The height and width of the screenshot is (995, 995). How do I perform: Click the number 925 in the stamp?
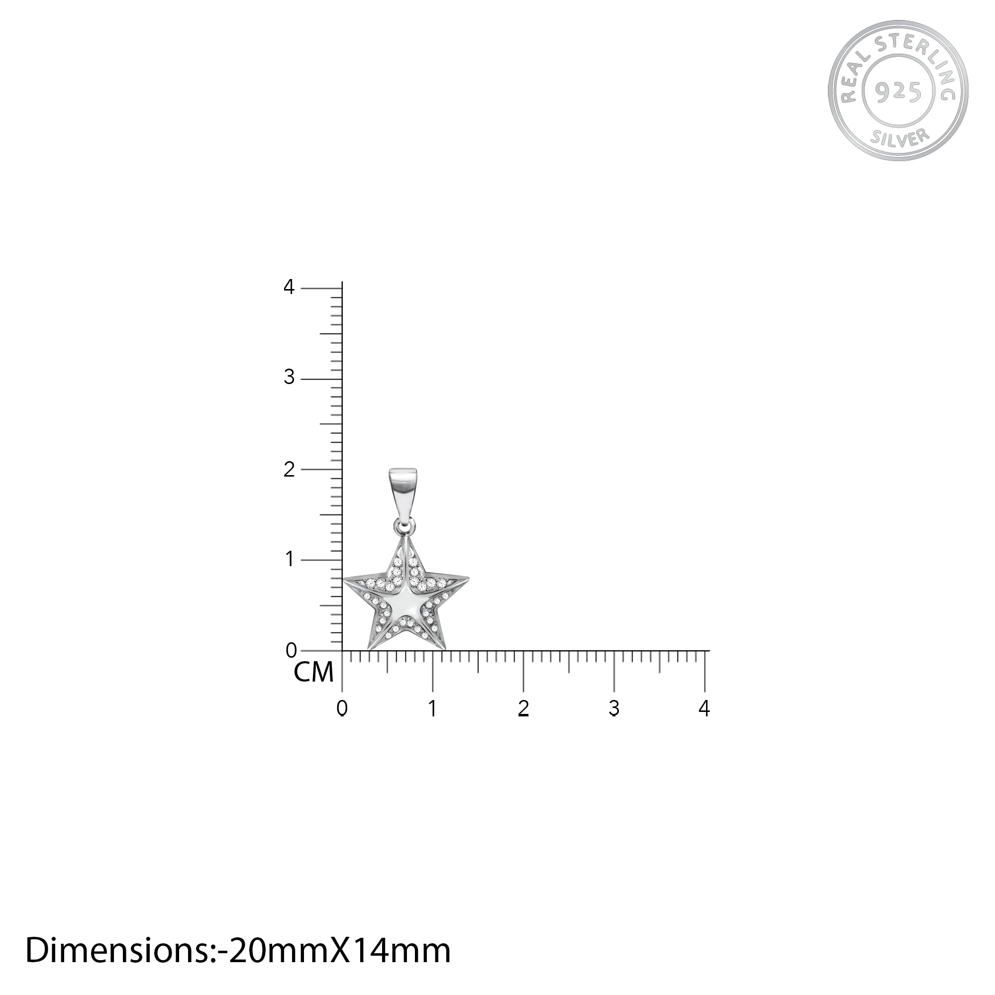pyautogui.click(x=898, y=92)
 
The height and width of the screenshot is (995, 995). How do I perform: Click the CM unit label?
pyautogui.click(x=313, y=672)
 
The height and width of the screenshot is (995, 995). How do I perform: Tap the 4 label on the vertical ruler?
pyautogui.click(x=289, y=288)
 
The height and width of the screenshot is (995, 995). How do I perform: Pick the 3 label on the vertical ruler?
pyautogui.click(x=289, y=378)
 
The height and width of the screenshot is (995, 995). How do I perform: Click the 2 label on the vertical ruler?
pyautogui.click(x=289, y=469)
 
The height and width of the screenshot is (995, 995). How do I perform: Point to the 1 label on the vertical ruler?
pyautogui.click(x=290, y=559)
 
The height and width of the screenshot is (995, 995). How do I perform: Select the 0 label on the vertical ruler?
pyautogui.click(x=291, y=650)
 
